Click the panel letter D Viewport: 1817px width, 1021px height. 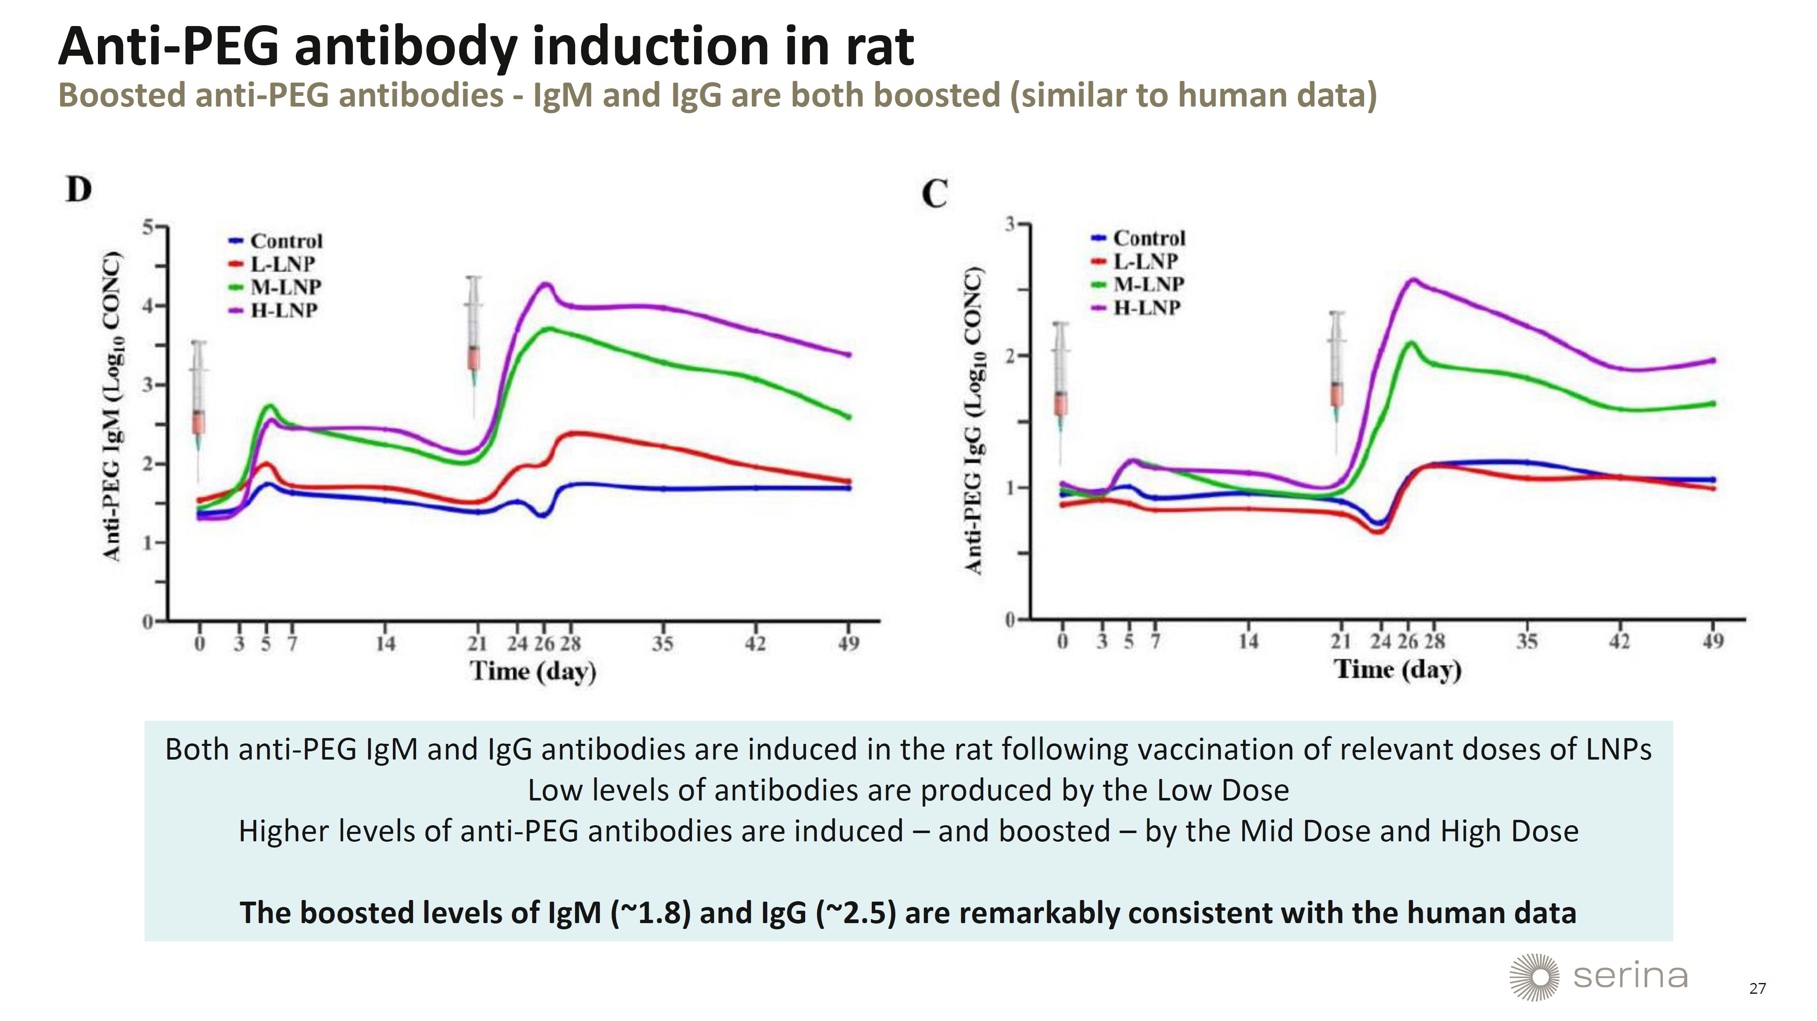point(79,189)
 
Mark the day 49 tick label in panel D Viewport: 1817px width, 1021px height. point(849,643)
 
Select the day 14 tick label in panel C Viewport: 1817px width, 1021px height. point(1249,641)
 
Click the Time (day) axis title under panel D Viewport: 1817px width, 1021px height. point(533,671)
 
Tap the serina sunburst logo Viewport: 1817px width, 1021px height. point(1534,977)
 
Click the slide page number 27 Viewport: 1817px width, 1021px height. point(1757,988)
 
